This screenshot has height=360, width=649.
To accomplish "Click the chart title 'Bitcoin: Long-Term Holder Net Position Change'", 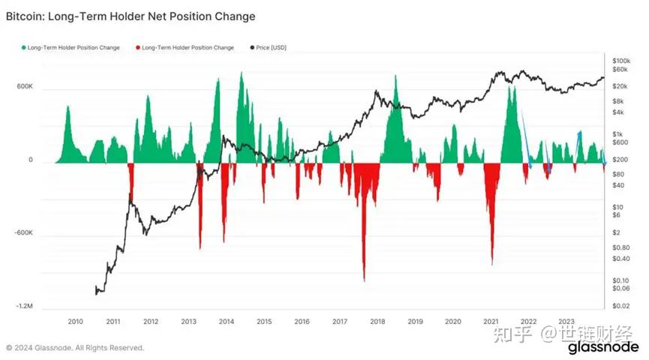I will (x=131, y=16).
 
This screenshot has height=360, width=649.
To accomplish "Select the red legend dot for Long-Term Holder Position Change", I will (x=138, y=48).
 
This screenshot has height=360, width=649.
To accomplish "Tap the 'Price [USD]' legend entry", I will (x=271, y=48).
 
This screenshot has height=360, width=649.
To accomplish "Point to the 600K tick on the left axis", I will (x=26, y=87).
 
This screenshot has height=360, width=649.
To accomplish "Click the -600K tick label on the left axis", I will (x=24, y=233).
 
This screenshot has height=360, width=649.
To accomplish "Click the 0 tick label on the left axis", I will (x=31, y=160).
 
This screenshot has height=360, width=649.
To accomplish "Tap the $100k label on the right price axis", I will (x=620, y=60).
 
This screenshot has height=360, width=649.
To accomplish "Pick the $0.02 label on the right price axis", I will (x=620, y=307).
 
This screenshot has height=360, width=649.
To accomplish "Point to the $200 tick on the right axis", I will (x=620, y=160).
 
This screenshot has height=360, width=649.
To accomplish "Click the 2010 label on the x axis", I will (x=75, y=322).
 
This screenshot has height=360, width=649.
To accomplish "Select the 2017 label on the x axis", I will (x=340, y=322).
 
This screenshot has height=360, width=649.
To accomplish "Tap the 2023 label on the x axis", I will (x=566, y=322).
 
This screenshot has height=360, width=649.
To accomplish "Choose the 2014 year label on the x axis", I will (x=227, y=322).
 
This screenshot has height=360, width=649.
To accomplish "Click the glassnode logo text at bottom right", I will (x=602, y=348).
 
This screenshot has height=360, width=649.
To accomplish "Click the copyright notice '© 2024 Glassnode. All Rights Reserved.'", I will (x=75, y=348).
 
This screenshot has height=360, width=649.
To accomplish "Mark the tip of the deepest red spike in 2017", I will (x=364, y=281).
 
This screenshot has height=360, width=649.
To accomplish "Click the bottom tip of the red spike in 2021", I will (x=492, y=264).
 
